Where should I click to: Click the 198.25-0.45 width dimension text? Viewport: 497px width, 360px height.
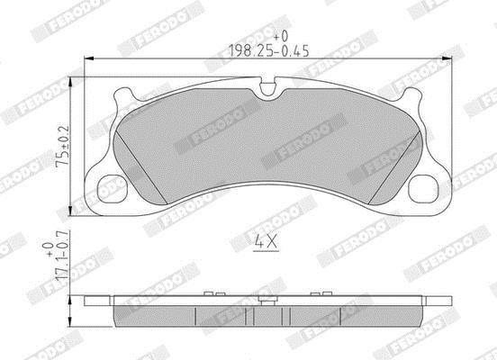click(x=269, y=50)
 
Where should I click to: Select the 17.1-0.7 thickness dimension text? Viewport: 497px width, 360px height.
click(x=62, y=256)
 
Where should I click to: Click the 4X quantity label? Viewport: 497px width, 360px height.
click(x=267, y=242)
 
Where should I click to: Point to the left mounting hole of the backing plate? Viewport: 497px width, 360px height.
click(x=112, y=189)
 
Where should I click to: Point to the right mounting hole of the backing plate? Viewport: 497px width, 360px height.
click(x=423, y=189)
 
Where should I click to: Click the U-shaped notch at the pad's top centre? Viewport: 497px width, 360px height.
click(x=267, y=87)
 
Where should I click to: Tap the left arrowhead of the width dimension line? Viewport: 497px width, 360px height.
click(x=89, y=58)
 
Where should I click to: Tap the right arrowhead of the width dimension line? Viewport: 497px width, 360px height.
click(x=446, y=58)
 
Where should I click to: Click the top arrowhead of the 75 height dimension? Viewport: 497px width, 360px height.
click(x=70, y=82)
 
